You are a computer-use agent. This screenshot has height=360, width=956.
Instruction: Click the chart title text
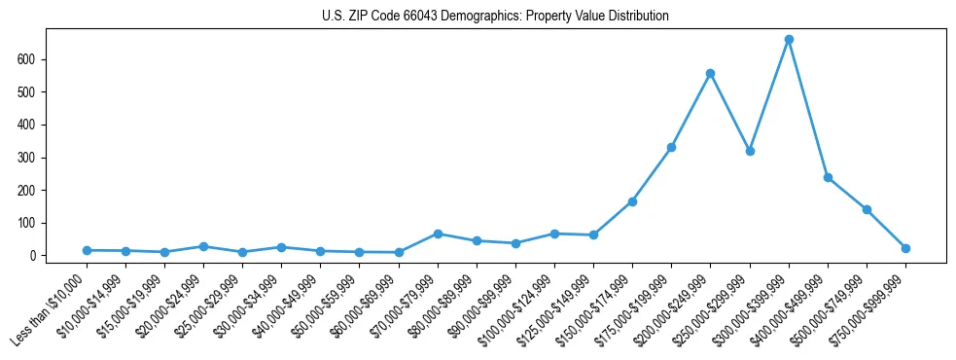click(x=495, y=17)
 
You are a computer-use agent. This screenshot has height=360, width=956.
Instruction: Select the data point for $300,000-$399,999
click(x=789, y=40)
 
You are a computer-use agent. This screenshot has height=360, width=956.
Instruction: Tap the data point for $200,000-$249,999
click(x=711, y=73)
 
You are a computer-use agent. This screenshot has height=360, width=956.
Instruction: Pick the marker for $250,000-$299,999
click(x=750, y=151)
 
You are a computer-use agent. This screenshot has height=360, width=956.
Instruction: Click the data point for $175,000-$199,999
click(x=671, y=148)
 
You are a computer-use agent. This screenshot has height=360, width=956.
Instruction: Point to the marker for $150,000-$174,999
click(x=632, y=201)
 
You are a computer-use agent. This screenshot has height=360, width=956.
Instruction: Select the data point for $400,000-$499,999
click(x=828, y=177)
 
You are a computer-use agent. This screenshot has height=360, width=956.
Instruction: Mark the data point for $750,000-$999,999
click(x=905, y=248)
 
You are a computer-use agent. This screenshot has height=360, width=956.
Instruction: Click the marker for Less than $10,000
click(x=87, y=250)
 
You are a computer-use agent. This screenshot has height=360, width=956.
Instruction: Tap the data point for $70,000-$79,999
click(x=438, y=234)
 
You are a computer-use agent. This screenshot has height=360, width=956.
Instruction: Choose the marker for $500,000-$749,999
click(x=867, y=209)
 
